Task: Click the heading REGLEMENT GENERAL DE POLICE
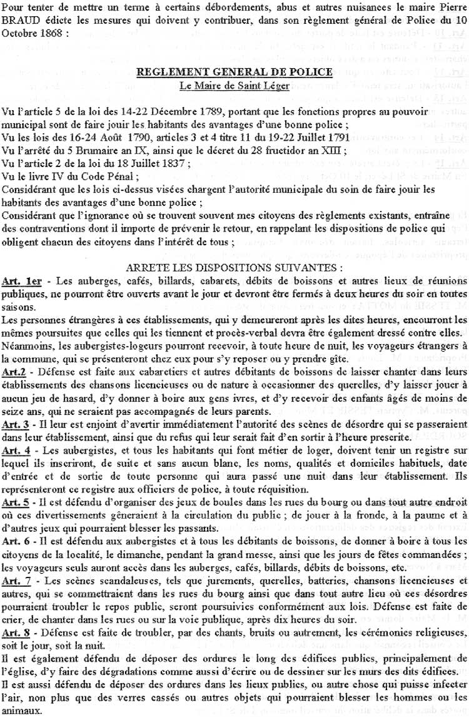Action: (x=234, y=72)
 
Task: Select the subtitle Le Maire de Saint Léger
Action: (x=234, y=85)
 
